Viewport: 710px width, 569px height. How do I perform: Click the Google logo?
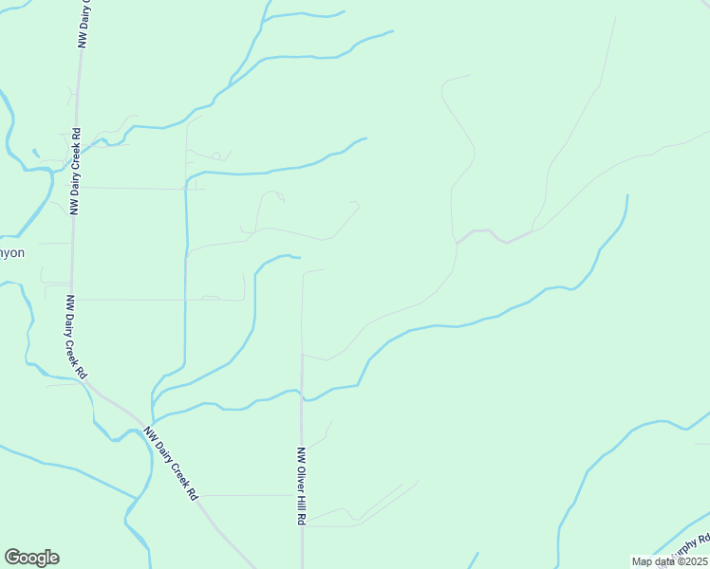pyautogui.click(x=31, y=558)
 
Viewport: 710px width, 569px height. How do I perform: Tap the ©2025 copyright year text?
pyautogui.click(x=689, y=561)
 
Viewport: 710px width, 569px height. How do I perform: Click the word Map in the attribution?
pyautogui.click(x=642, y=561)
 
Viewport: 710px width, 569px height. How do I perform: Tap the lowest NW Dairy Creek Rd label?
pyautogui.click(x=171, y=464)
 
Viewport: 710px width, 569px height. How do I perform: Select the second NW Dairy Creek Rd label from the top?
pyautogui.click(x=75, y=171)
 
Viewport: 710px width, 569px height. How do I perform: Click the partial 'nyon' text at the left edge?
pyautogui.click(x=13, y=253)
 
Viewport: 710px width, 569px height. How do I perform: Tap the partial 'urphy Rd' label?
pyautogui.click(x=690, y=547)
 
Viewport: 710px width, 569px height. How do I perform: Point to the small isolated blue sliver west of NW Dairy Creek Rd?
pyautogui.click(x=35, y=152)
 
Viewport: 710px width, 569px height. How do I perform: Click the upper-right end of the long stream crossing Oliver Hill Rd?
pyautogui.click(x=626, y=196)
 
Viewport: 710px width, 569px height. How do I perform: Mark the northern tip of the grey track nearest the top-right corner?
pyautogui.click(x=615, y=19)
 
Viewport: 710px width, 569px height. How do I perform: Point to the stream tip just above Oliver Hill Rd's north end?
pyautogui.click(x=298, y=257)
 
